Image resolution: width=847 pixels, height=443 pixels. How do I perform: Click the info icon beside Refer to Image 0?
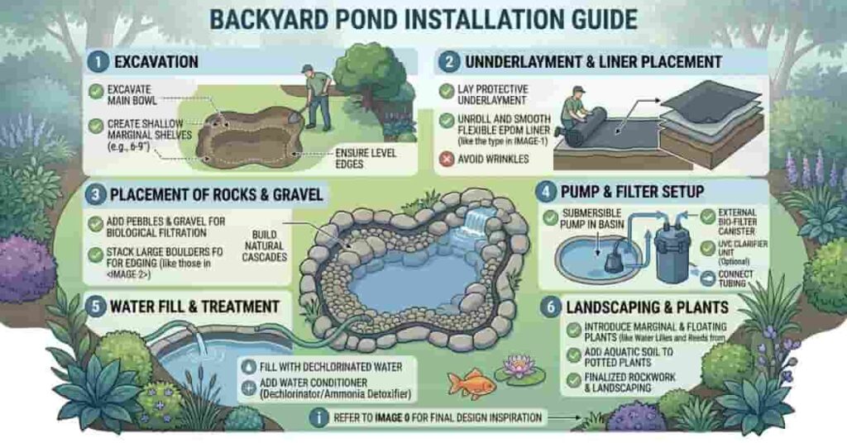click(x=318, y=418)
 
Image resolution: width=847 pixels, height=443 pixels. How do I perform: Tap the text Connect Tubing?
click(x=737, y=280)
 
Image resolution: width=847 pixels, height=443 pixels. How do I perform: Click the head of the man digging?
click(x=307, y=72)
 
